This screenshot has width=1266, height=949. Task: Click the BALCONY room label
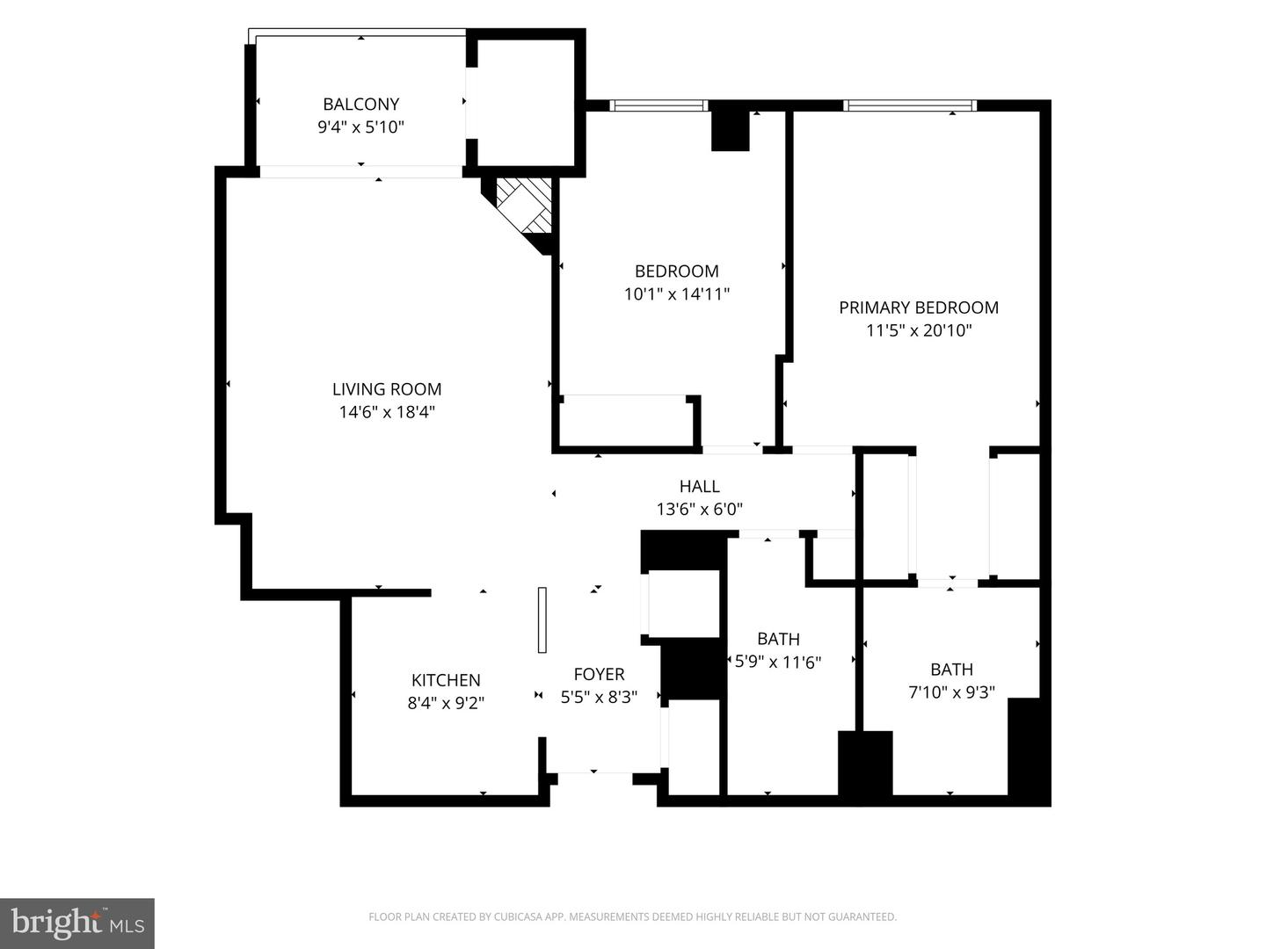[361, 105]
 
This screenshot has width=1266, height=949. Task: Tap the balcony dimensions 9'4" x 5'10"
[361, 127]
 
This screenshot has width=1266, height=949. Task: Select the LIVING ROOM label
[387, 389]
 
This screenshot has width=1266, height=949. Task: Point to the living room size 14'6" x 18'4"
[387, 413]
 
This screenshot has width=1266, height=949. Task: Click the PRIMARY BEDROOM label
[919, 308]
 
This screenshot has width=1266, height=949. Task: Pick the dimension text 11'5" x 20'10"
[920, 330]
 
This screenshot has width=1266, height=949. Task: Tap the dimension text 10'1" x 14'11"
[677, 294]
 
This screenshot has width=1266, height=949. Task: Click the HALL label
[700, 486]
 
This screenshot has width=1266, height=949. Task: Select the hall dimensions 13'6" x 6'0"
[700, 510]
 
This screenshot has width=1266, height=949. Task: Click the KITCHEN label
[446, 680]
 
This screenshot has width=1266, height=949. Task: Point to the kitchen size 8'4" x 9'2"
[446, 704]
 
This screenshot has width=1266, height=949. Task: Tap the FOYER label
[600, 674]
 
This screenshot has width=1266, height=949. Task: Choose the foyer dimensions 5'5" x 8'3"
[600, 698]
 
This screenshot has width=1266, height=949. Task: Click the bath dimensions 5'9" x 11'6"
[778, 662]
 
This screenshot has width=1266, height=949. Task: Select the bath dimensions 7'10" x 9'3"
[952, 692]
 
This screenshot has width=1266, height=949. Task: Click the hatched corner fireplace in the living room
[522, 208]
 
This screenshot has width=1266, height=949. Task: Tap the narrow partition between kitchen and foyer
[542, 620]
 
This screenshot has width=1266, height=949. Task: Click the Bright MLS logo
[77, 923]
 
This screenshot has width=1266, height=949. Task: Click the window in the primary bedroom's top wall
[910, 105]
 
